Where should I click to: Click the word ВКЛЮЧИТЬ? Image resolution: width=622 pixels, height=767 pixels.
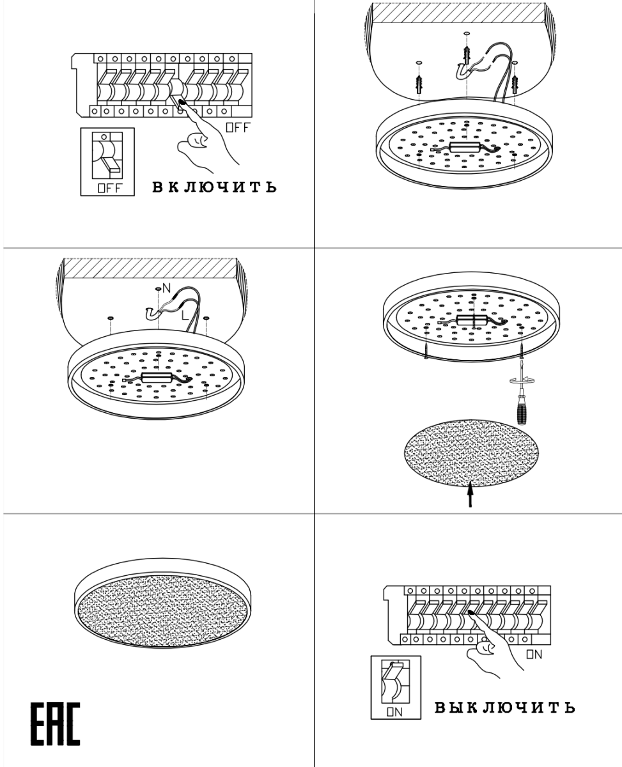point(215,187)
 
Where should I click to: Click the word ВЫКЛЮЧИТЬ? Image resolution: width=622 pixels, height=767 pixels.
point(504,707)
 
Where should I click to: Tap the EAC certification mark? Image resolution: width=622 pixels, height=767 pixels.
point(55,724)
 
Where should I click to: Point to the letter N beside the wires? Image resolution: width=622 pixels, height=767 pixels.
point(166,288)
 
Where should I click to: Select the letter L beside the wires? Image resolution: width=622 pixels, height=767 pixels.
point(185,316)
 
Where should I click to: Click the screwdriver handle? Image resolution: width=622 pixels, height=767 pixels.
point(521,414)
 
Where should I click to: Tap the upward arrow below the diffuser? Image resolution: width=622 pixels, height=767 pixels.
point(470,495)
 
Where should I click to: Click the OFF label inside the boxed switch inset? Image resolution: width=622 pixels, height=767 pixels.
point(110,188)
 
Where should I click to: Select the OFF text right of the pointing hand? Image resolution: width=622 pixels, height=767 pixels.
point(237,127)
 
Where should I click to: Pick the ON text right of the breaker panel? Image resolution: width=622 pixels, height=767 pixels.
point(534,655)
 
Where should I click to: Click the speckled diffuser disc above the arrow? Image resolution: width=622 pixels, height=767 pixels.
point(471,453)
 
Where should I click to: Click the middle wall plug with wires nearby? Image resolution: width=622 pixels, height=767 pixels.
point(467,55)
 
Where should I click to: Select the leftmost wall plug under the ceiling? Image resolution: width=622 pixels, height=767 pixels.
point(419,84)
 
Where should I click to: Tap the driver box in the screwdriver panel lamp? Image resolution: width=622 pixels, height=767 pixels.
point(473,319)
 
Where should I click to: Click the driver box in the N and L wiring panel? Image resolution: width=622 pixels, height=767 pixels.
point(157,377)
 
